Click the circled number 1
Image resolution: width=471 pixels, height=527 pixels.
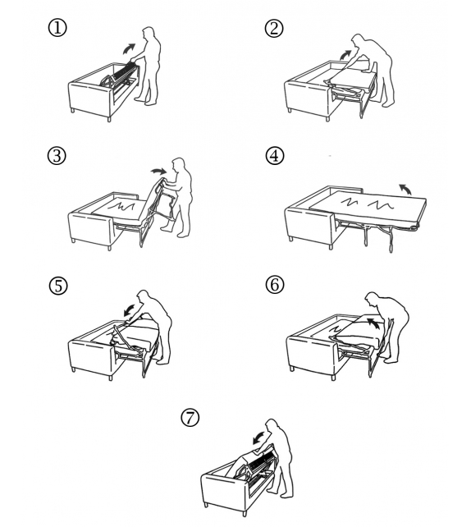pos(57,28)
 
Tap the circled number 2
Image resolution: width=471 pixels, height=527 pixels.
pos(274,28)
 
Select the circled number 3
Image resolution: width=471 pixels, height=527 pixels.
pos(57,156)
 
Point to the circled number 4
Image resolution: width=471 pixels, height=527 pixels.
pos(274,156)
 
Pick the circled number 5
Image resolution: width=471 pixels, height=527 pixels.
pos(58,286)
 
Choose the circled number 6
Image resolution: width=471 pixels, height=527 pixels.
pos(275,285)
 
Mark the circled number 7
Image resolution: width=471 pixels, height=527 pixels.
pos(190,418)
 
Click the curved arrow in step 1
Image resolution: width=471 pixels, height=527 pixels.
pos(128,48)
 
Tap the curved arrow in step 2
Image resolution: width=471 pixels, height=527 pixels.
pos(345,55)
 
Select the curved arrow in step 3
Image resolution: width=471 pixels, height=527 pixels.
pos(158,171)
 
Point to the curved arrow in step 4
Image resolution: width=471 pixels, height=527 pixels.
pos(405,189)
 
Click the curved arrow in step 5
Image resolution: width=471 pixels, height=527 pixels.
pos(130,310)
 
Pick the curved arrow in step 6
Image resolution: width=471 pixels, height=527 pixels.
pos(373,323)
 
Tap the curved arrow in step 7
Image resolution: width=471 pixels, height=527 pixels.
pos(258,438)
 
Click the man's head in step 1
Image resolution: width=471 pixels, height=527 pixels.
pos(148,34)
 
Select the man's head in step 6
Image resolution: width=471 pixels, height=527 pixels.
pos(372,299)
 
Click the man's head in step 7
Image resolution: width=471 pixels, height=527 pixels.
pos(272,425)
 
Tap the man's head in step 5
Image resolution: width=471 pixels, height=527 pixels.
pos(144,297)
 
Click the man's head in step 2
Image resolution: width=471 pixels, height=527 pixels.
pos(358,41)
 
